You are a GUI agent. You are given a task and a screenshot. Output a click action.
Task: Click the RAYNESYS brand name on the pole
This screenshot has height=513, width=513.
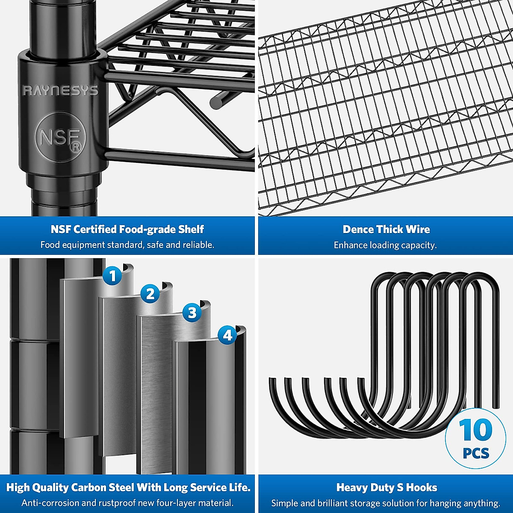60,90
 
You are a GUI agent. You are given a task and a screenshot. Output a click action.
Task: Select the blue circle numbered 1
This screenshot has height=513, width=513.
112,276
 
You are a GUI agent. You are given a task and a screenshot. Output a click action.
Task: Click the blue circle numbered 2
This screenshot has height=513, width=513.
150,294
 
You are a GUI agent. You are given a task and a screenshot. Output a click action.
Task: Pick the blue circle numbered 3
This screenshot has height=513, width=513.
192,313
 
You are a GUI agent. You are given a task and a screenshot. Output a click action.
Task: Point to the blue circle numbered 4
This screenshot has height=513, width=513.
227,335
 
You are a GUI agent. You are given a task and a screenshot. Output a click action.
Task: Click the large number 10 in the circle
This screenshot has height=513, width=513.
475,430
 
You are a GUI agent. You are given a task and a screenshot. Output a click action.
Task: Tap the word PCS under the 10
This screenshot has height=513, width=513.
476,453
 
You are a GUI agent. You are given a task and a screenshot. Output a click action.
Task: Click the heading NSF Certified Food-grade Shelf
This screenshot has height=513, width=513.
127,230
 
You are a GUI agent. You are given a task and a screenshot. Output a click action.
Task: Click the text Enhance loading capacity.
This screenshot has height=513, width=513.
385,245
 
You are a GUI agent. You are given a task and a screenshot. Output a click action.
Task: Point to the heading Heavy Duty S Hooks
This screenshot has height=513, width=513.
386,488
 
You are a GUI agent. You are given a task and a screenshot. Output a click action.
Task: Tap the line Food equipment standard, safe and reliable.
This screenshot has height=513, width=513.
127,245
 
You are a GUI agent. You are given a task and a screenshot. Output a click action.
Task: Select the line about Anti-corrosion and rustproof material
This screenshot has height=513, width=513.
127,503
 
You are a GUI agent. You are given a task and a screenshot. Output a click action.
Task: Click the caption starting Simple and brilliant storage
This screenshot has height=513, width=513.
386,503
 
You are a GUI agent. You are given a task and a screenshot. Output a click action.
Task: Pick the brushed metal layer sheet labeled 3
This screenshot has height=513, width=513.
158,393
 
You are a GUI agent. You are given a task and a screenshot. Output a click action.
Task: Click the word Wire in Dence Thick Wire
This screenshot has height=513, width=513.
418,230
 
